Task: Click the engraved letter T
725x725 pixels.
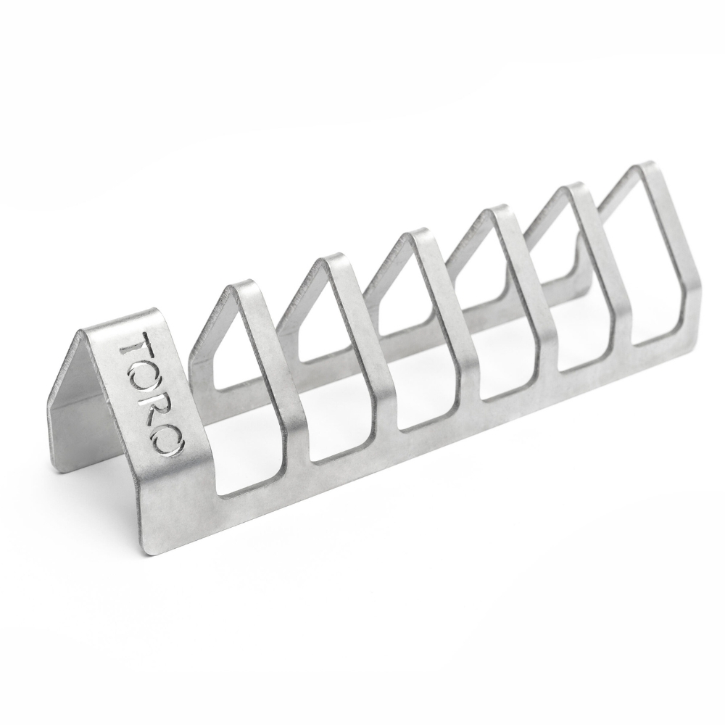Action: [136, 347]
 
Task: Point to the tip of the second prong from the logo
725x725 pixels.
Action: [333, 259]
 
